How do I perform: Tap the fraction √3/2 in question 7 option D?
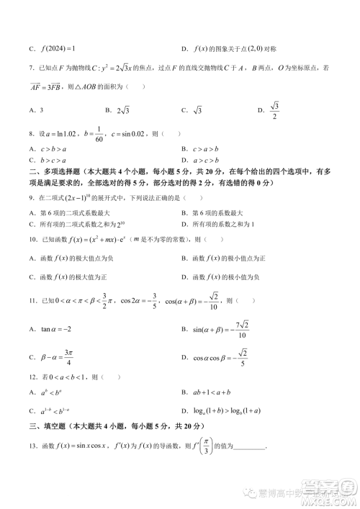[x=274, y=110]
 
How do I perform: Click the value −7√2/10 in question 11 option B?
[x=241, y=328]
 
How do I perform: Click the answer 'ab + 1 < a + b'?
[x=216, y=393]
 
